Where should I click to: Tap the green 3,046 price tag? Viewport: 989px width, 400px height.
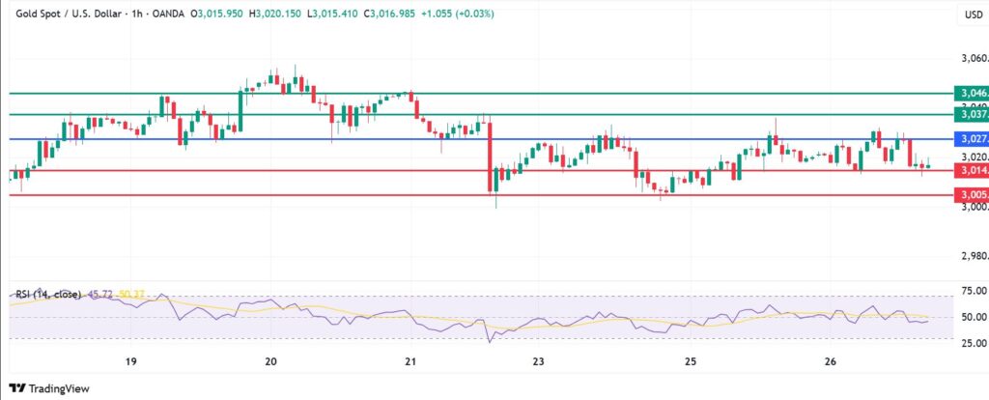(971, 94)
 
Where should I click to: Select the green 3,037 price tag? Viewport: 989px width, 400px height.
(971, 114)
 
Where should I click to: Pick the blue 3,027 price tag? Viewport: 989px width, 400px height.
(971, 139)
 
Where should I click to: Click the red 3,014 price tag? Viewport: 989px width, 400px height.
(971, 171)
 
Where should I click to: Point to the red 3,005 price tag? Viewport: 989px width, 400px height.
(971, 195)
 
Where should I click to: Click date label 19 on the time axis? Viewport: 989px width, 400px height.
(130, 361)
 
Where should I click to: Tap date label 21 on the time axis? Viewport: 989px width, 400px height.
(410, 361)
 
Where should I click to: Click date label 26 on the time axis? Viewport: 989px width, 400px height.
(830, 361)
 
